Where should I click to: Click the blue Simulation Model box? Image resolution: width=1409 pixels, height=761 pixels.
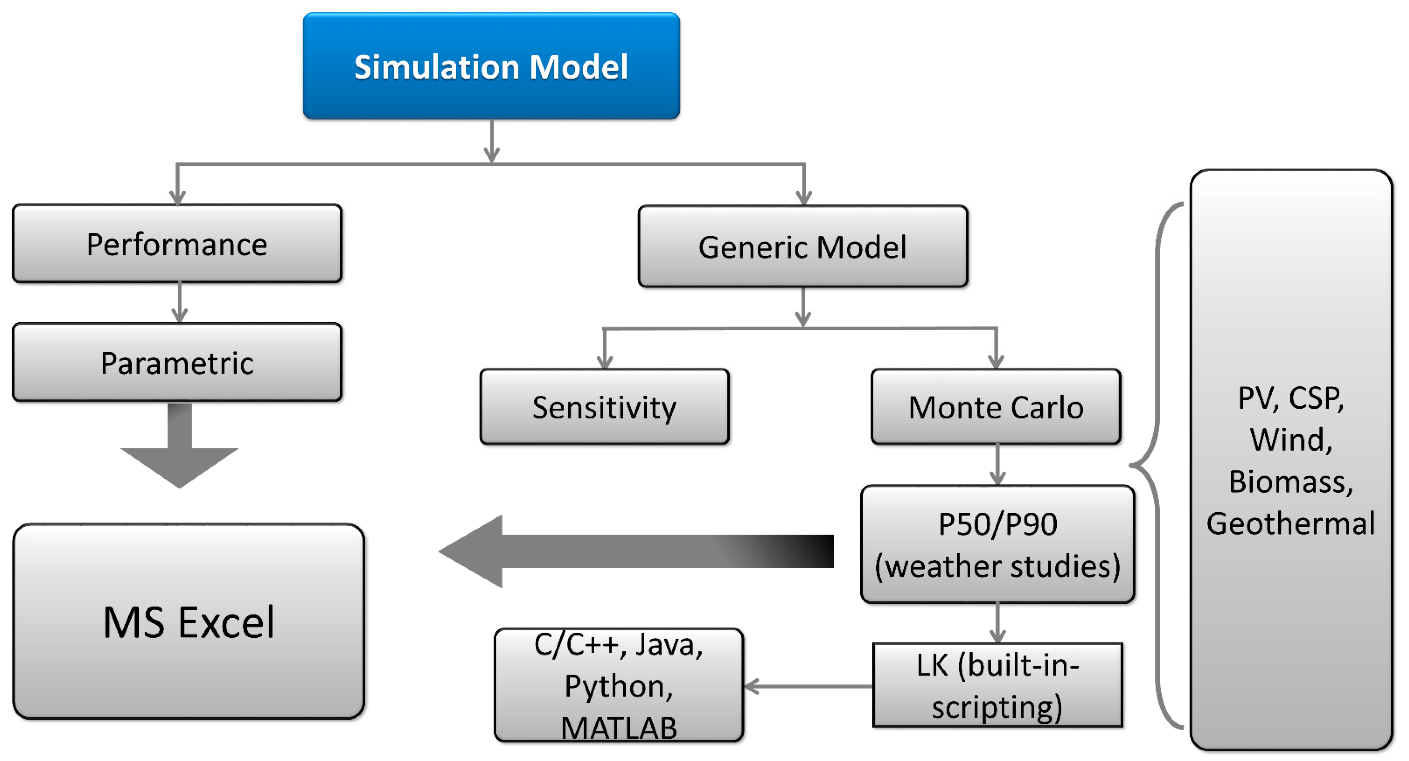coord(491,65)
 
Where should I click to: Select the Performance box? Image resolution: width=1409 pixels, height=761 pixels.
coord(177,243)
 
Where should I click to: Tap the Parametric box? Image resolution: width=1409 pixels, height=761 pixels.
coord(177,362)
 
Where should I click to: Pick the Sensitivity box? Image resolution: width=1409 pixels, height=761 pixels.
coord(604,406)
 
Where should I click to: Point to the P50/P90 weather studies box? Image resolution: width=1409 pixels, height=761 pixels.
coord(998,544)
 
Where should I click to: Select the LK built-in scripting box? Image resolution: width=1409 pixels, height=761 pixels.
coord(998,685)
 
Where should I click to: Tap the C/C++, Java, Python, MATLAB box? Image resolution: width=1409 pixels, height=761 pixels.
coord(619,685)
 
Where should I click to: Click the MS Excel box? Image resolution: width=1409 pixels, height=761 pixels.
coord(189,621)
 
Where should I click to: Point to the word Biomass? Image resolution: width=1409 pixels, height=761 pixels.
coord(1291,481)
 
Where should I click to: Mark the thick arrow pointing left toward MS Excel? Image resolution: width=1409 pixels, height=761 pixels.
coord(636,551)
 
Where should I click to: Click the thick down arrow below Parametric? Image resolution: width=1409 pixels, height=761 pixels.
coord(179,446)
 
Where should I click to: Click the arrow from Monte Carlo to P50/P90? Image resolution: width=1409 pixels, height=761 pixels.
coord(998,465)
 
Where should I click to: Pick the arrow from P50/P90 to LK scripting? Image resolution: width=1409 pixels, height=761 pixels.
coord(998,623)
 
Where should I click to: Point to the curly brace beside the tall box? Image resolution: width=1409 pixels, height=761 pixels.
coord(1158,466)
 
